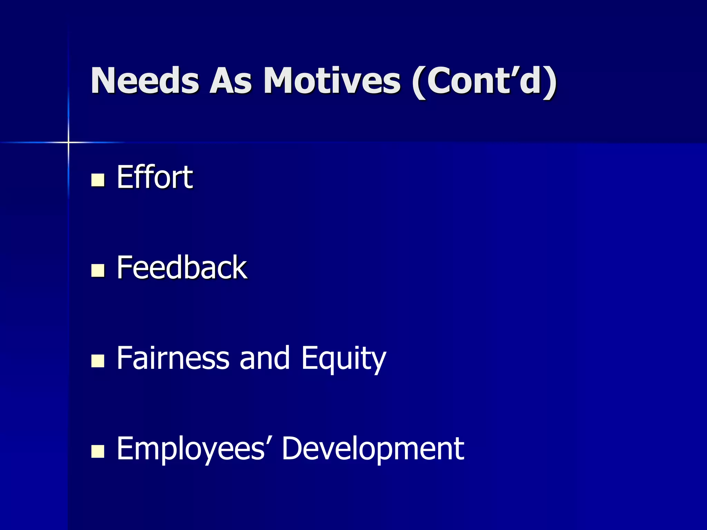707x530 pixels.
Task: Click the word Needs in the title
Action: (x=145, y=81)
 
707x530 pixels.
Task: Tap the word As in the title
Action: (x=231, y=81)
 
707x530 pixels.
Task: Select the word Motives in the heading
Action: (x=332, y=81)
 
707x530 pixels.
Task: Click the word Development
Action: (x=373, y=449)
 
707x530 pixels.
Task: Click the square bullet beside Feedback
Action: (x=98, y=271)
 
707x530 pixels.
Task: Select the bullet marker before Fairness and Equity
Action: (x=98, y=361)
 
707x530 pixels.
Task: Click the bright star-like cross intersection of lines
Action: (x=68, y=142)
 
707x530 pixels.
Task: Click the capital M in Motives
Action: (x=282, y=81)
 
